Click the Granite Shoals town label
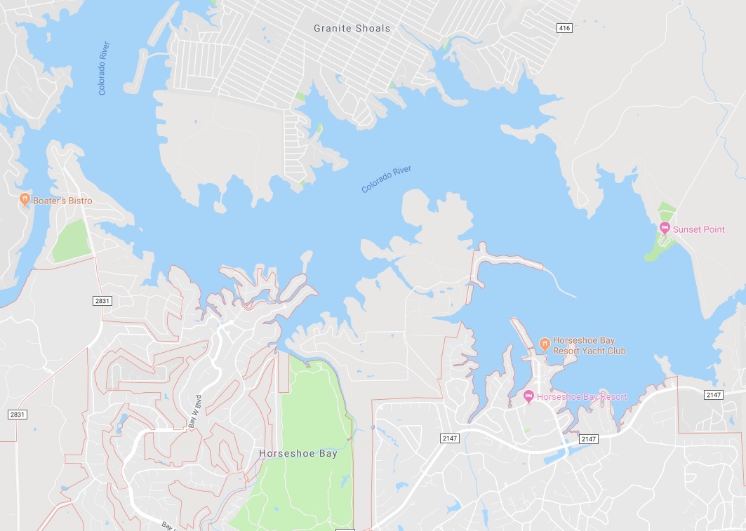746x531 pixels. [352, 28]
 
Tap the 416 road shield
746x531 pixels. [563, 28]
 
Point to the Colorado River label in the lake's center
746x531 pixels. [386, 180]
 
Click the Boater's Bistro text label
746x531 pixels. [62, 201]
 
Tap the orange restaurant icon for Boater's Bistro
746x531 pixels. [25, 200]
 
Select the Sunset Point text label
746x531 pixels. [699, 229]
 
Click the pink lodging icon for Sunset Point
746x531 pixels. [665, 229]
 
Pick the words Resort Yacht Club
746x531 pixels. [589, 351]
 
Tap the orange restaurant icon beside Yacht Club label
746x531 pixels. [544, 342]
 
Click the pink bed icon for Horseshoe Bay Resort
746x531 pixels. [529, 397]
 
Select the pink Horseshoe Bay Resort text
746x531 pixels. [582, 397]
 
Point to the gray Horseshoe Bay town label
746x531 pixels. [298, 453]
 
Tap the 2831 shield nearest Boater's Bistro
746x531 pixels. [102, 300]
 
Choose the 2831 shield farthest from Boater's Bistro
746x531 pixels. [18, 415]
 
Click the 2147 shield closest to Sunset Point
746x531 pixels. [713, 395]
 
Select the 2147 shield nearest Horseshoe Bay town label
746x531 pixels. [450, 438]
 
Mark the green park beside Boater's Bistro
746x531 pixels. [71, 241]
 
